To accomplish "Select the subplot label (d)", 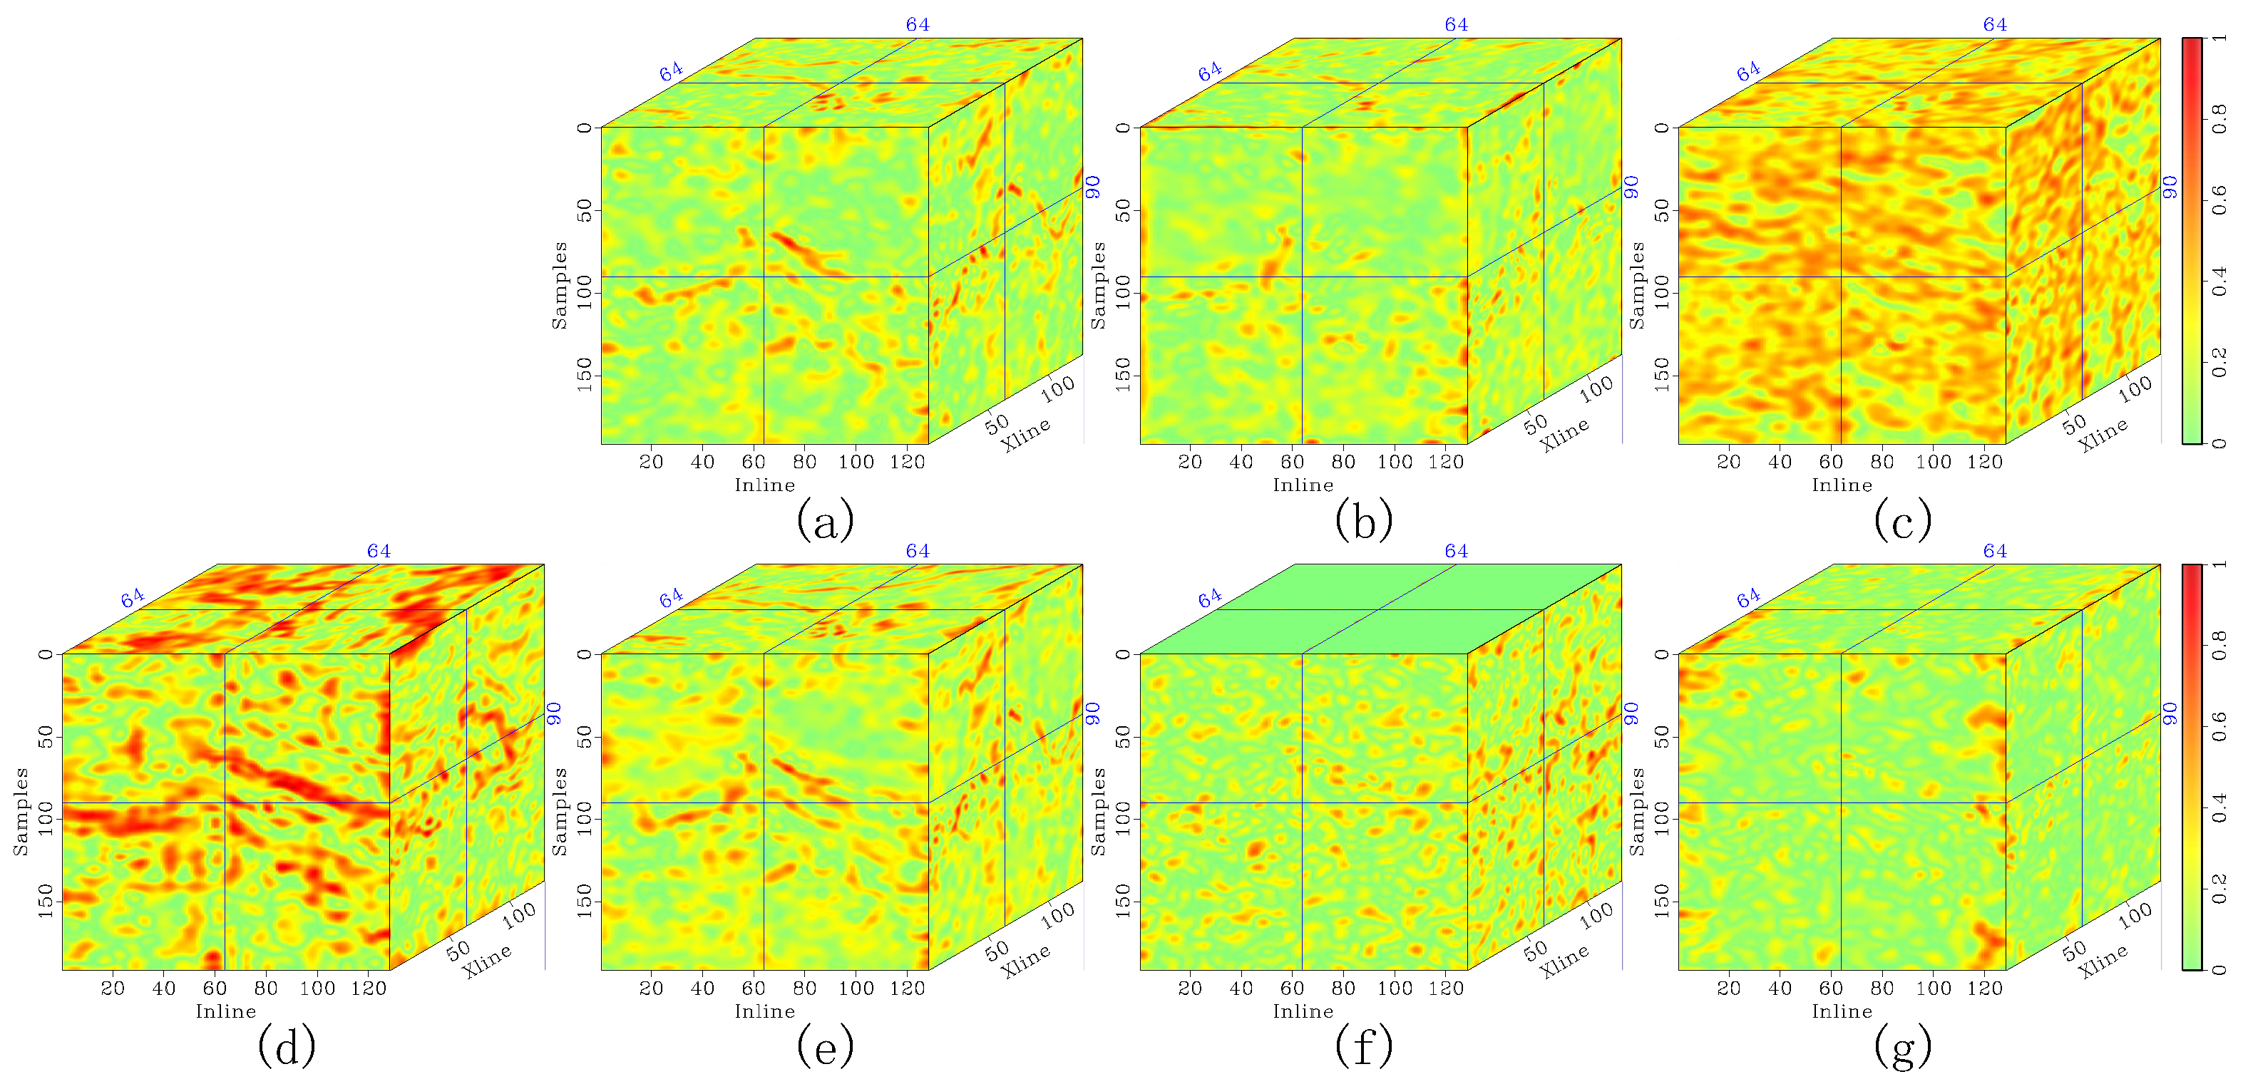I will [x=286, y=1046].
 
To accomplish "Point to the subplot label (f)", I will [x=1364, y=1046].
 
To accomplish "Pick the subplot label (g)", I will [x=1902, y=1046].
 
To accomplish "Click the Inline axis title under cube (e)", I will [x=764, y=1011].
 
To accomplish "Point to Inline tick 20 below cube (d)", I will [x=113, y=988].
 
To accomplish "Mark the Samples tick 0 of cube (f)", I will [x=1123, y=654].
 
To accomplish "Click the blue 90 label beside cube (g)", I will [x=2170, y=713].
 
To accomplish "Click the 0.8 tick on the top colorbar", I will [x=2219, y=118].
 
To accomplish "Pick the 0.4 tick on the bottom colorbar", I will [x=2219, y=807].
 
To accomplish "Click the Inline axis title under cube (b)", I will [x=1303, y=485].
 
